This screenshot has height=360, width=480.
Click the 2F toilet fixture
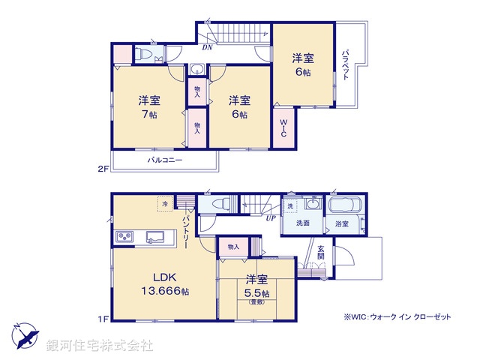coord(142,53)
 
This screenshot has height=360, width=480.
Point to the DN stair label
coord(206,46)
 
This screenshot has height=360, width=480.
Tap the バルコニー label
coord(164,160)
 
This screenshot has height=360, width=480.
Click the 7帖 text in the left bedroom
coord(147,115)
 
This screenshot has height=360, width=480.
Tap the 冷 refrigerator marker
coord(164,203)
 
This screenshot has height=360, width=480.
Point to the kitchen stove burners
coord(124,238)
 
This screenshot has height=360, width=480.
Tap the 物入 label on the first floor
coord(232,246)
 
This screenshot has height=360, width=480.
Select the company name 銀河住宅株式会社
coord(99,346)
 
